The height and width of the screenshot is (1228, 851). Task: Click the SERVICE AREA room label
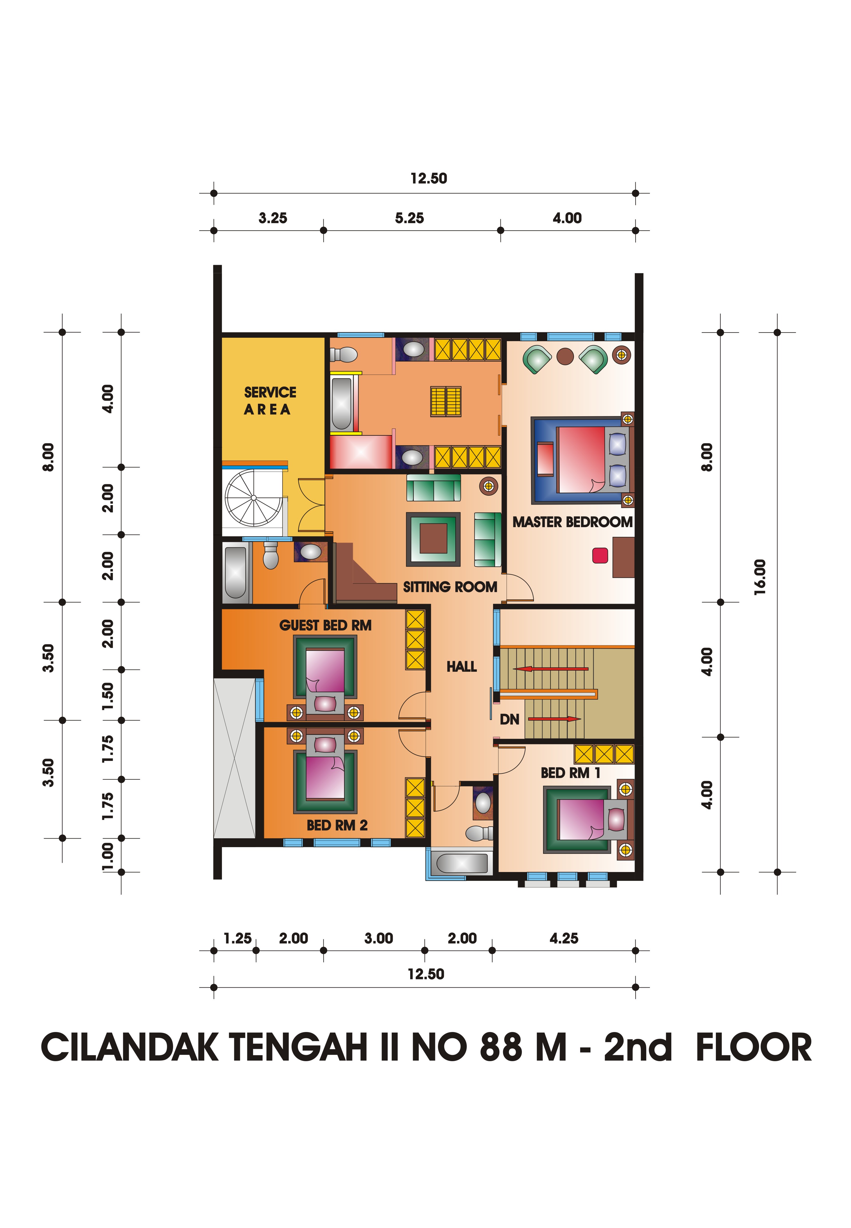click(x=270, y=401)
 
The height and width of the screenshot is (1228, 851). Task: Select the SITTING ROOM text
click(x=450, y=587)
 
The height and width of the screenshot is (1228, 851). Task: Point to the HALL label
click(x=462, y=667)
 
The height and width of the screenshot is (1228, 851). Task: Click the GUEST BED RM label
click(x=325, y=625)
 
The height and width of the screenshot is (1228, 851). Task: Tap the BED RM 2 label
click(x=337, y=825)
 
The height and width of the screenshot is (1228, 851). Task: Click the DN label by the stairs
click(x=509, y=720)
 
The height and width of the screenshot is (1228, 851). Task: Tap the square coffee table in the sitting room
click(x=433, y=539)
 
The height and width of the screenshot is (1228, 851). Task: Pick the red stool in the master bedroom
click(x=600, y=555)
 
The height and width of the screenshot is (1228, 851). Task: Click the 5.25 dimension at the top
click(x=410, y=218)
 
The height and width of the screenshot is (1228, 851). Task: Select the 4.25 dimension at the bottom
click(x=564, y=939)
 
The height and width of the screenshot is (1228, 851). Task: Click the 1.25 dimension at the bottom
click(x=237, y=939)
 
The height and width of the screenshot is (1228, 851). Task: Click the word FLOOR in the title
click(x=754, y=1047)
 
